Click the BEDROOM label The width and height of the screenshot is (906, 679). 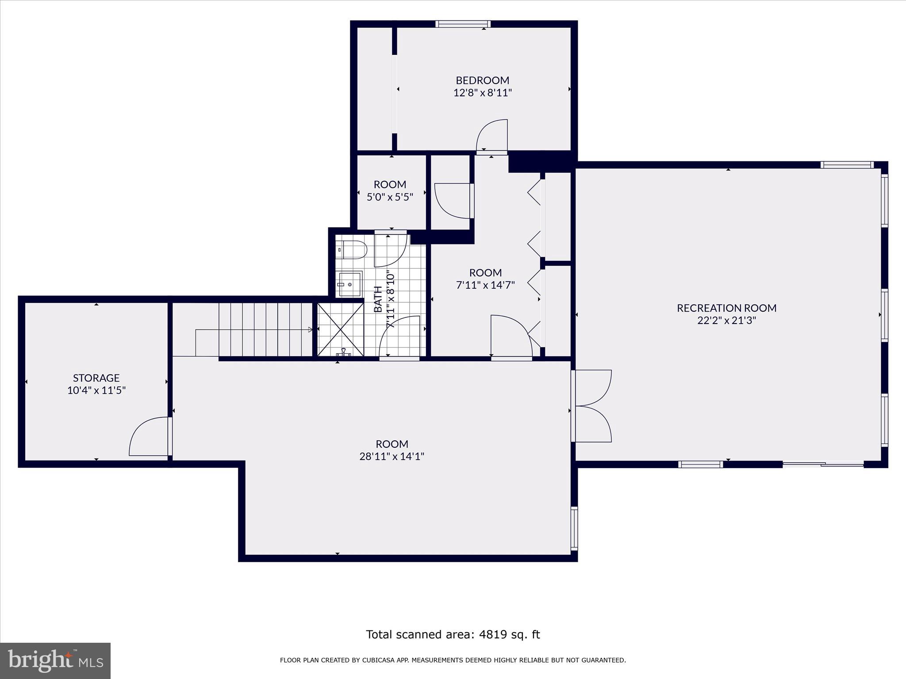point(482,80)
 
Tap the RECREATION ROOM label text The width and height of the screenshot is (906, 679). point(726,308)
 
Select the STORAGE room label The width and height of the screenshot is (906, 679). point(96,378)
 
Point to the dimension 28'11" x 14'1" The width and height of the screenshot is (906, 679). point(392,456)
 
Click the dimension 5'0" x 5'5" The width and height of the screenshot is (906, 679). point(390,197)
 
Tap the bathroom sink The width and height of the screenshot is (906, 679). point(350,284)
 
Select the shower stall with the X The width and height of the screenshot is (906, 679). point(340,329)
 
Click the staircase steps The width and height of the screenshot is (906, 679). point(265,329)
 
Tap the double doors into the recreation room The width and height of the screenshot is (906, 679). point(592,405)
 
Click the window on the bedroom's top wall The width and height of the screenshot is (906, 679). point(463,24)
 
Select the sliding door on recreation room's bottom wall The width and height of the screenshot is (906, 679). point(823,464)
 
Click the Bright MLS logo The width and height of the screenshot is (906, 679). point(55,660)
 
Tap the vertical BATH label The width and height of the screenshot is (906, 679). point(378,299)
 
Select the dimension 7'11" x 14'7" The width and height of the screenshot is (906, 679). point(485,285)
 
